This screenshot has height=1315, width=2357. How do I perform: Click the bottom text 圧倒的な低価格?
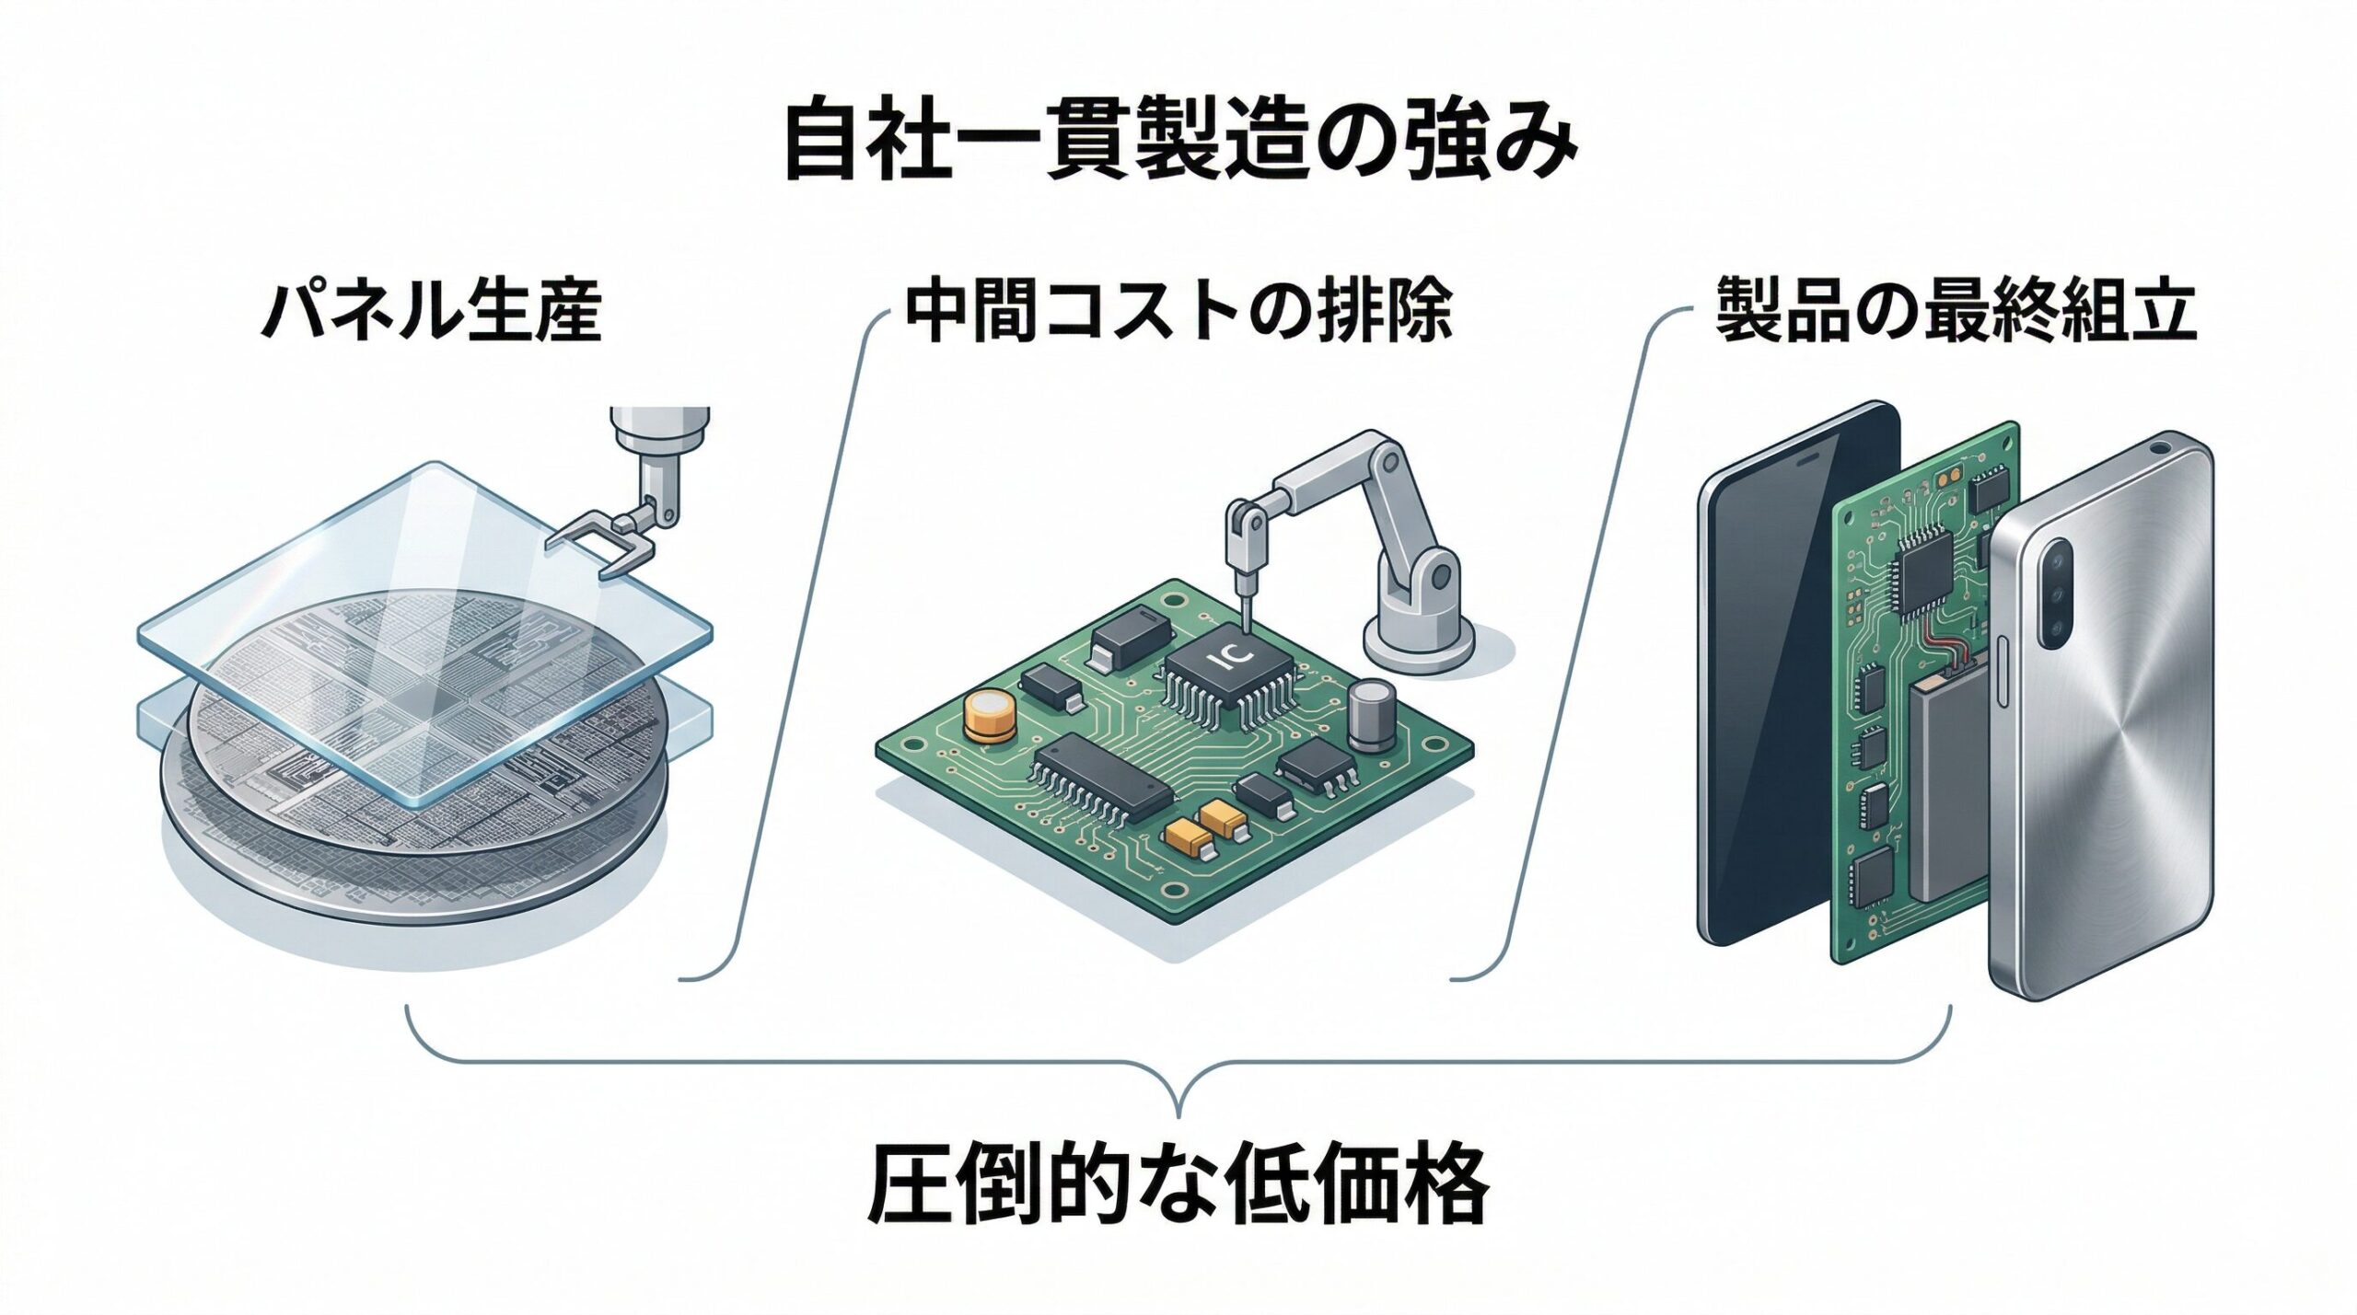1178,1182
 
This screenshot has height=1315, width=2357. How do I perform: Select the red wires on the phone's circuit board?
1938,663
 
